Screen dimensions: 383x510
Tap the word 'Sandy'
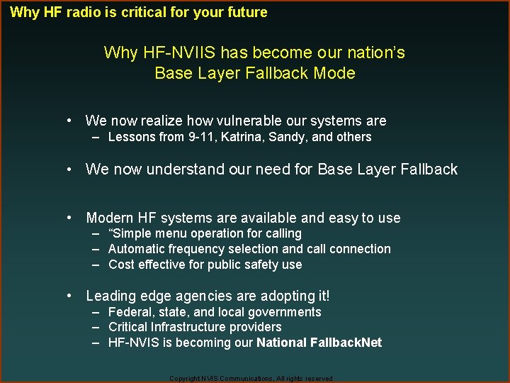pos(287,137)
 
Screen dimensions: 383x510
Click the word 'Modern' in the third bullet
pos(110,218)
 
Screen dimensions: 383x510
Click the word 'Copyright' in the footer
pos(184,379)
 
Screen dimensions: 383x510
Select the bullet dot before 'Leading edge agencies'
pos(71,296)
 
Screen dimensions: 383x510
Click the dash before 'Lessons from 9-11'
pos(96,137)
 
